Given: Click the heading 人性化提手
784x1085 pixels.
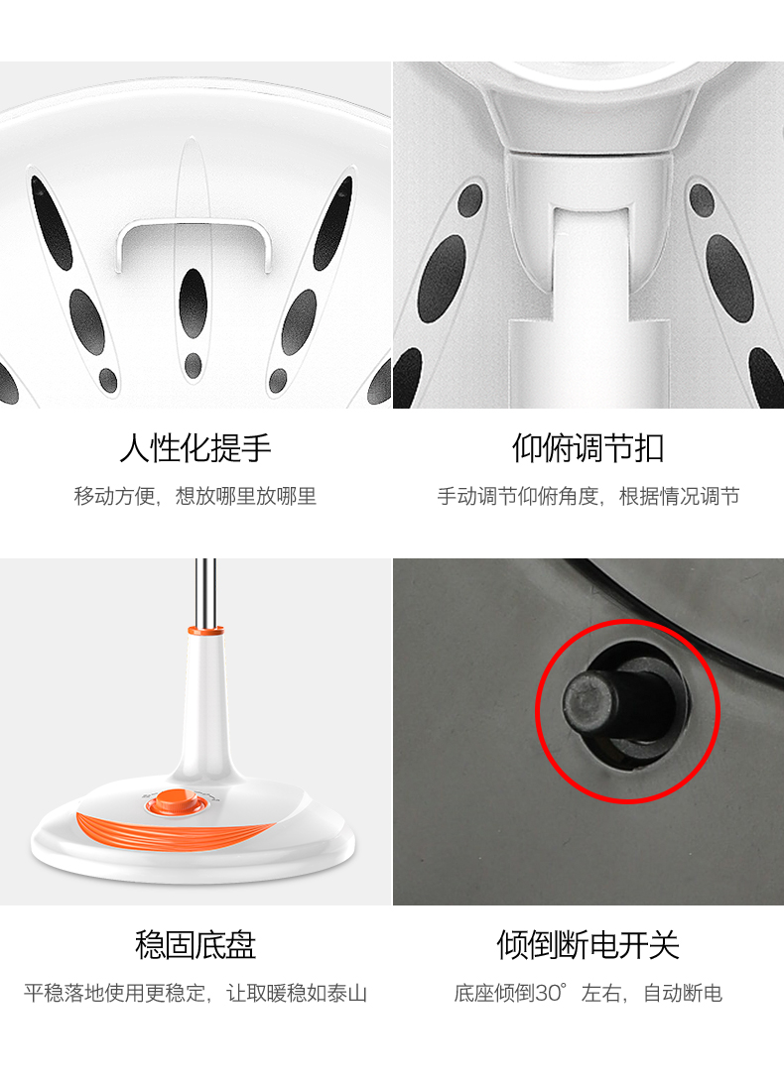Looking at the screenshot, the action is point(196,447).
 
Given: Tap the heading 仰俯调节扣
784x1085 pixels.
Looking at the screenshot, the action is point(588,447).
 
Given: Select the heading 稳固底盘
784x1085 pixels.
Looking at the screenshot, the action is point(196,944).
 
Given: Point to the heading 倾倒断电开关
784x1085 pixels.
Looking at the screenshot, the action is point(588,944).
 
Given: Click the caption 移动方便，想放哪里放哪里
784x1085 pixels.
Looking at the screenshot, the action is point(196,496).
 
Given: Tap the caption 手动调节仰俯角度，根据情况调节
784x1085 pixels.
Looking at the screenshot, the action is point(588,496).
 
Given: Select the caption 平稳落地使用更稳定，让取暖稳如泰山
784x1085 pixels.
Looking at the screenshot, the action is point(196,993).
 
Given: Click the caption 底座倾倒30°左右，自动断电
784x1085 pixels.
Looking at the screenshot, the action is point(588,993).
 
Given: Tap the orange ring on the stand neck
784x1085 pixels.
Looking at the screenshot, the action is point(205,631).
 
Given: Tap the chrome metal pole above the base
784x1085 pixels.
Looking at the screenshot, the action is point(205,592).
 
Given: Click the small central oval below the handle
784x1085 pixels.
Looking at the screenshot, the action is point(194,365).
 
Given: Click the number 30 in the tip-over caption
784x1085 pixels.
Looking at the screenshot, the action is point(547,993).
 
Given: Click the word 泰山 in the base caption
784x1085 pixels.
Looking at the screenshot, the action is point(347,993).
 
